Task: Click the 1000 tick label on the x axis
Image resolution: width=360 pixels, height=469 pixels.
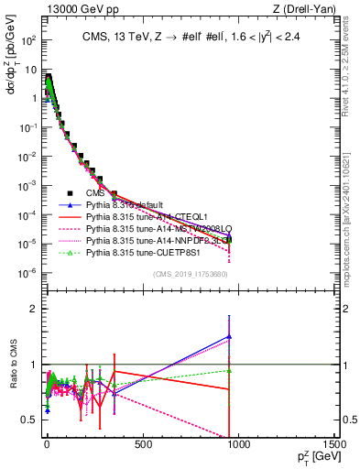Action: pos(238,446)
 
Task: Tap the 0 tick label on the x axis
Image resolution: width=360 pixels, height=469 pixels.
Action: pos(47,446)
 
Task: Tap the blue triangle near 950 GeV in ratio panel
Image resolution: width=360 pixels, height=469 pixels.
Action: pos(229,336)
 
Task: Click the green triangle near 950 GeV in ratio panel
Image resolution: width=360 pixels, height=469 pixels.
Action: pos(229,371)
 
